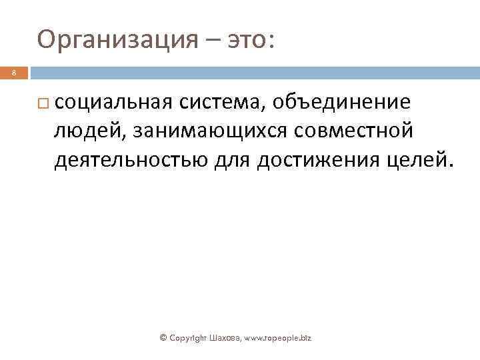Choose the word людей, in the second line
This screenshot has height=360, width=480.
(89, 131)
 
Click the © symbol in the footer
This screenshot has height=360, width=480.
(163, 338)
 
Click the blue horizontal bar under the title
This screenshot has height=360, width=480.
(253, 73)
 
